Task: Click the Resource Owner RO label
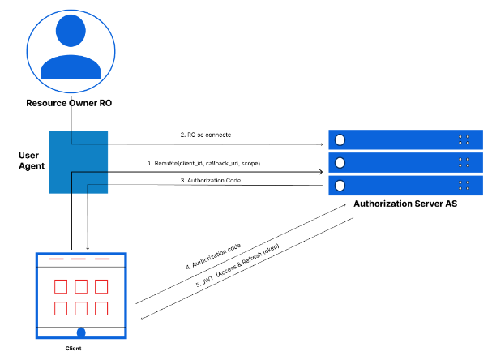[x=70, y=103]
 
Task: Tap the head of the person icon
[x=71, y=30]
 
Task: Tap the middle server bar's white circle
[x=340, y=163]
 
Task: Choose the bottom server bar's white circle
[x=340, y=185]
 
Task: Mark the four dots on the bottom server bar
[x=463, y=185]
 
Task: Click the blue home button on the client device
[x=81, y=332]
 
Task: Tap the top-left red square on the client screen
[x=60, y=286]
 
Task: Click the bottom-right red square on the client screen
[x=101, y=308]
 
